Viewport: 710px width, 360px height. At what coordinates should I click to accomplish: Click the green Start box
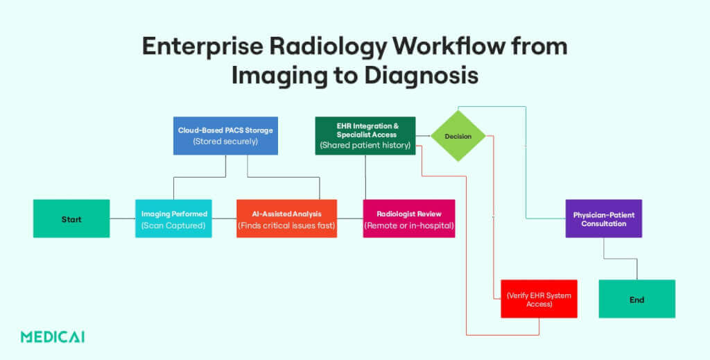(x=71, y=218)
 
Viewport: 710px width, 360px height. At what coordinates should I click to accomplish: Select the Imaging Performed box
(x=173, y=218)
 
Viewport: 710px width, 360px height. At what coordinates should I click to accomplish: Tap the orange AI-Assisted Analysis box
(x=286, y=218)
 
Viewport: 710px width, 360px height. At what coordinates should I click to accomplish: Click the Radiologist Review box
(x=409, y=218)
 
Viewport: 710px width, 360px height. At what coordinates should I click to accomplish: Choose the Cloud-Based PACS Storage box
(x=225, y=135)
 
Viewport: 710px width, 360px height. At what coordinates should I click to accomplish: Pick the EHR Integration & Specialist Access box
(x=365, y=135)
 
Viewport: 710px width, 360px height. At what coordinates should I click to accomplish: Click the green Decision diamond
(x=458, y=136)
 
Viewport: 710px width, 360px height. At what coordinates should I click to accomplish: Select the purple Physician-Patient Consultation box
(x=603, y=218)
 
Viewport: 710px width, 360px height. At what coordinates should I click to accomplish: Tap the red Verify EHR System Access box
(x=539, y=299)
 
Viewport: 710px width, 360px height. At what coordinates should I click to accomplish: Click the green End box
(x=637, y=299)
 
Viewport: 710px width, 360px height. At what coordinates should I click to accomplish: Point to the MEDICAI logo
(x=53, y=337)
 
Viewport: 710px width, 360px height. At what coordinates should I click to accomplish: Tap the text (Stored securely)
(x=225, y=141)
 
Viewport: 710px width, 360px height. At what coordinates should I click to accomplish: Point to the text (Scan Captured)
(x=173, y=225)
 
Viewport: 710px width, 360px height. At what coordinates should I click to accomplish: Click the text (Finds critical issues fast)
(x=286, y=225)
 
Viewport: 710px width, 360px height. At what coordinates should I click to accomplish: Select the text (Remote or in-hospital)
(x=409, y=225)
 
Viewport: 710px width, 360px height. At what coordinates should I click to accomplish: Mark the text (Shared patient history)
(x=365, y=145)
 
